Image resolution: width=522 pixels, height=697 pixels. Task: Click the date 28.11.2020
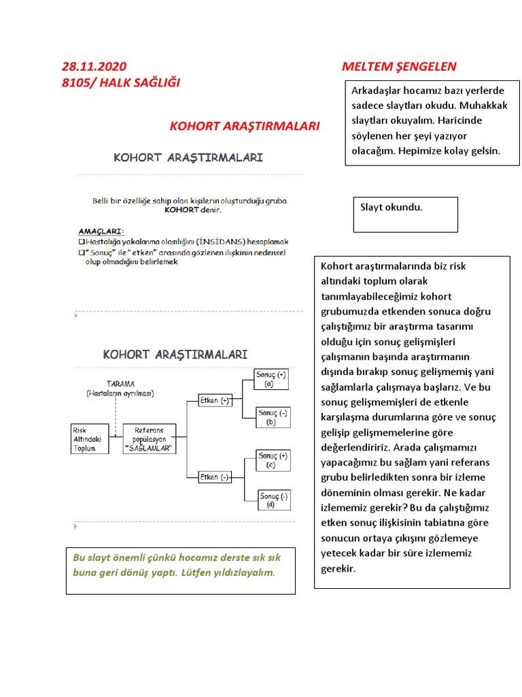coord(94,67)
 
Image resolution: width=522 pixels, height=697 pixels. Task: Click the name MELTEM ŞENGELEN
coord(399,67)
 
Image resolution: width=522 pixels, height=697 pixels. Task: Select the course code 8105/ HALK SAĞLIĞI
coord(121,82)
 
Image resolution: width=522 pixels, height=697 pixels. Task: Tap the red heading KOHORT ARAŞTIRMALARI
coord(244,127)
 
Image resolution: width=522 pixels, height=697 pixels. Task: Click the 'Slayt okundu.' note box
coord(406,214)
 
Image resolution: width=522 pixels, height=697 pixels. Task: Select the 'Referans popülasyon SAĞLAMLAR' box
coord(149,439)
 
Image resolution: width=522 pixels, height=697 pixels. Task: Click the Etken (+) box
coord(215,400)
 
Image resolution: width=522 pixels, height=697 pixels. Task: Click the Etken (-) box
coord(215,477)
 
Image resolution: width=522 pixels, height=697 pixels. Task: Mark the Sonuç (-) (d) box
coord(274,500)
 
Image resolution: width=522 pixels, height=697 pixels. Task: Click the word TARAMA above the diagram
coord(120,384)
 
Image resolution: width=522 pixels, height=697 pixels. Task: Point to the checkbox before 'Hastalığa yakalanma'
coord(82,242)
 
